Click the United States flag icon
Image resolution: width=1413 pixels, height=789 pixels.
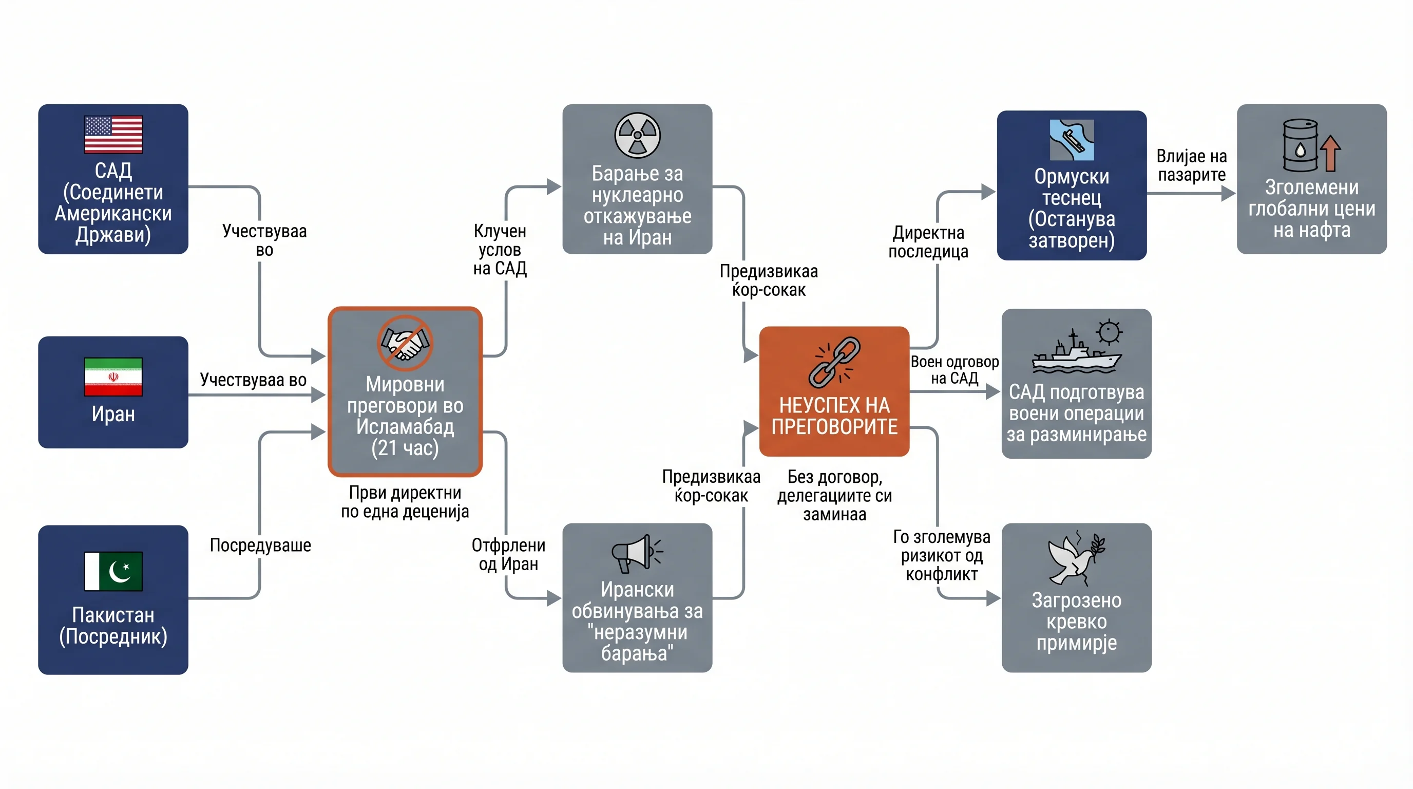[x=113, y=134]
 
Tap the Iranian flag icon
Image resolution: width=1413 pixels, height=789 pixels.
[x=113, y=377]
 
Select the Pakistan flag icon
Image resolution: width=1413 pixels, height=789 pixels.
[x=113, y=571]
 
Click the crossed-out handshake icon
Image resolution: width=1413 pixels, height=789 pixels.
[x=405, y=343]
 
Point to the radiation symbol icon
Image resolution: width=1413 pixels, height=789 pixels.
[x=637, y=135]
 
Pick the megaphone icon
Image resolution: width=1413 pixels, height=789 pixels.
[x=637, y=554]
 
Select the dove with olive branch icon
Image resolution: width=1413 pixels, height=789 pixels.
[x=1076, y=557]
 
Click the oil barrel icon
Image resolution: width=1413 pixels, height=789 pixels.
[x=1300, y=145]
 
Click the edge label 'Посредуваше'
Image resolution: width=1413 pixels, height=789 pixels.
[x=260, y=545]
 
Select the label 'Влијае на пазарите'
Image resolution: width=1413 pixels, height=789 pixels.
[x=1191, y=165]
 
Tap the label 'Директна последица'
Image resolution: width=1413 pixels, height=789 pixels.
[x=928, y=242]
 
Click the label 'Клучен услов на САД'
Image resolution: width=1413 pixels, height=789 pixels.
[x=500, y=250]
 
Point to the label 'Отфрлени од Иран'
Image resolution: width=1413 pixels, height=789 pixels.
[x=508, y=554]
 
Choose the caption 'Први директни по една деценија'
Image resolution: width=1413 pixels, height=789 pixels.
[x=405, y=502]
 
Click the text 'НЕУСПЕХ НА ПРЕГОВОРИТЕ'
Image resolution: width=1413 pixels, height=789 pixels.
[x=834, y=416]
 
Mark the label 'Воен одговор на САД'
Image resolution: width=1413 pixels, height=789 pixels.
[x=954, y=370]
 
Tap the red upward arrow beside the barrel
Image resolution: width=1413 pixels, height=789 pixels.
[x=1331, y=154]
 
